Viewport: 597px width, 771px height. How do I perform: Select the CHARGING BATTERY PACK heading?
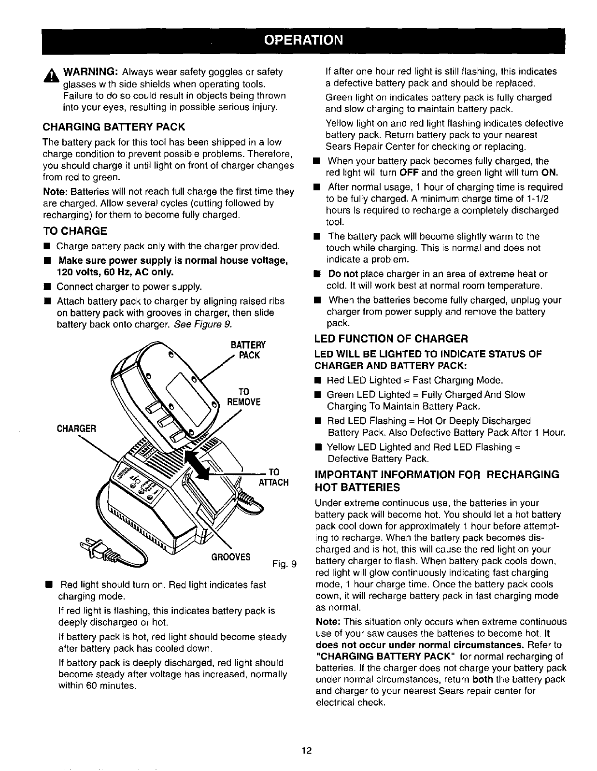pyautogui.click(x=114, y=128)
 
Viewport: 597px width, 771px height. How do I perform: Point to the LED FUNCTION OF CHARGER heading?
pyautogui.click(x=391, y=338)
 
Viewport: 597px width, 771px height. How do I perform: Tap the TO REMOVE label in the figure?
pyautogui.click(x=244, y=396)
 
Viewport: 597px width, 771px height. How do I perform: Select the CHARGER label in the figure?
pyautogui.click(x=77, y=428)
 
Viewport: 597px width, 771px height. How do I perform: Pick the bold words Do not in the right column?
pyautogui.click(x=343, y=274)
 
